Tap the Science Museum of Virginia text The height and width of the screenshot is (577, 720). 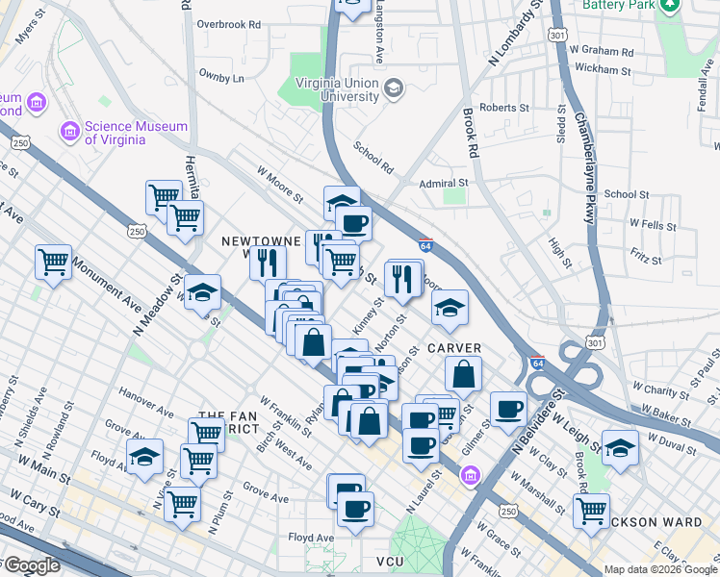(116, 132)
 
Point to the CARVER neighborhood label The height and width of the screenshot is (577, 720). (454, 347)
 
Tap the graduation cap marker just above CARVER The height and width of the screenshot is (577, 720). (449, 309)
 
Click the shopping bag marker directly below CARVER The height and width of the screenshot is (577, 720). (464, 375)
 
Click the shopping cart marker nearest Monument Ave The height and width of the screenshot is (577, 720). (54, 262)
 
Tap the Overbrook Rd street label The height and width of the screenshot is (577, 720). (228, 24)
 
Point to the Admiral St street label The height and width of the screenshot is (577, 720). (444, 183)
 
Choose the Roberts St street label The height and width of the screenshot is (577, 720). (499, 109)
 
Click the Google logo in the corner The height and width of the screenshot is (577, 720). (31, 565)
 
